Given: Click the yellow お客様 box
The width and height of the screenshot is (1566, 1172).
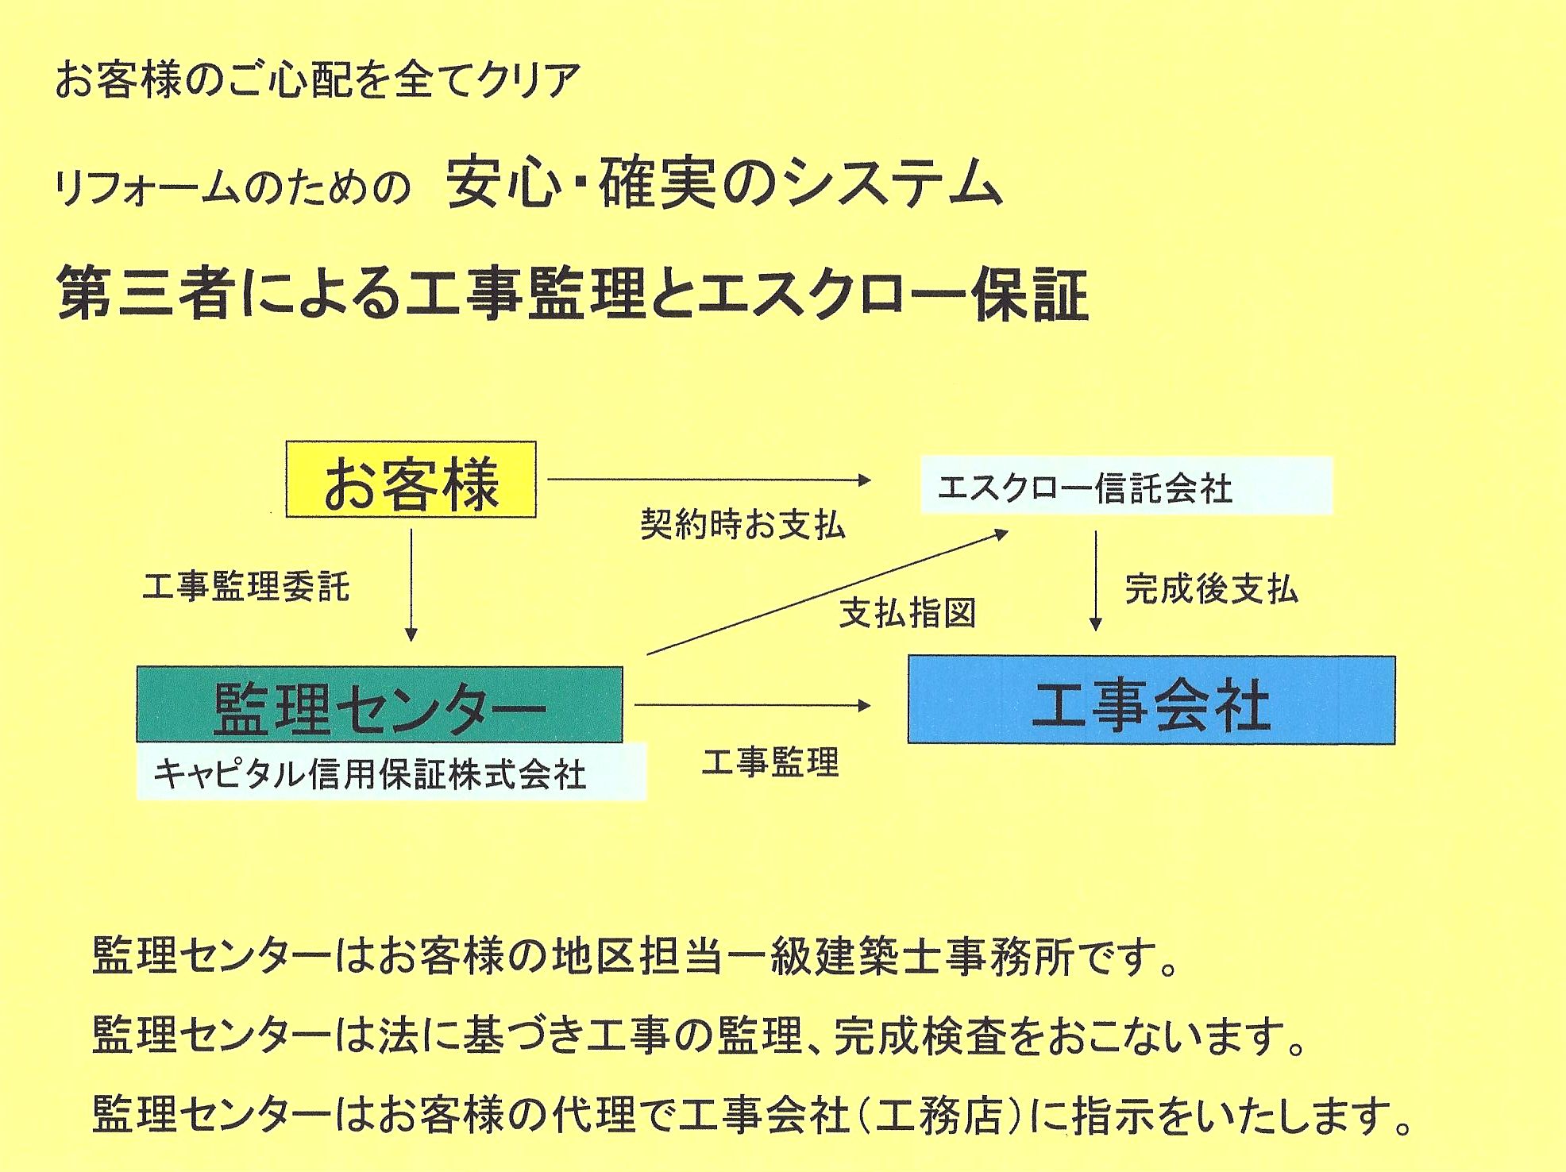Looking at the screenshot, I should coord(411,480).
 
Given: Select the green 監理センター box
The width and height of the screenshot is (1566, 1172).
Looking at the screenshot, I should coord(379,705).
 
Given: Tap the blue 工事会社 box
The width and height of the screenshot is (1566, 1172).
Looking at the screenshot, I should coord(1151,700).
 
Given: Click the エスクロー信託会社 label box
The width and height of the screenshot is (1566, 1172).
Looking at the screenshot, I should coord(1125,486).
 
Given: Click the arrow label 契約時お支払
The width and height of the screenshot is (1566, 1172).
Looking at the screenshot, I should coord(742,525).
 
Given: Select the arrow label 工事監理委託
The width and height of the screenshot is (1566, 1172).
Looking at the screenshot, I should coord(246,587).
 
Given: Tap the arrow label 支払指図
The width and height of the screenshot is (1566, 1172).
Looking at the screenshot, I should coord(908,612).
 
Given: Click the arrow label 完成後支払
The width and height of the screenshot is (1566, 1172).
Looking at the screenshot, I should coord(1211,588).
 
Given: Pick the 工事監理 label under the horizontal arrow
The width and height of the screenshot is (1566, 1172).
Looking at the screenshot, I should coord(770,762).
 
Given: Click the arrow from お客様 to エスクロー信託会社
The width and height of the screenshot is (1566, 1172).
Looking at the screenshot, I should coord(709,480).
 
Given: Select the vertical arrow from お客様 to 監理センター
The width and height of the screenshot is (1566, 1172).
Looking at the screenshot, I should coord(411,584).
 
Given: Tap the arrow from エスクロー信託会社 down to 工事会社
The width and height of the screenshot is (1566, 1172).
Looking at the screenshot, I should coord(1096,580).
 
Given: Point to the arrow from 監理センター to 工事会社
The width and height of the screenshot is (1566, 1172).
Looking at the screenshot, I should coord(752,705).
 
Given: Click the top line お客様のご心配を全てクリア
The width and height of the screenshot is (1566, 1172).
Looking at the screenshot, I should coord(318,81).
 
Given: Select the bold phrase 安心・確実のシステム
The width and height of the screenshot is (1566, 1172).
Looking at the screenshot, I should coord(723,184).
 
